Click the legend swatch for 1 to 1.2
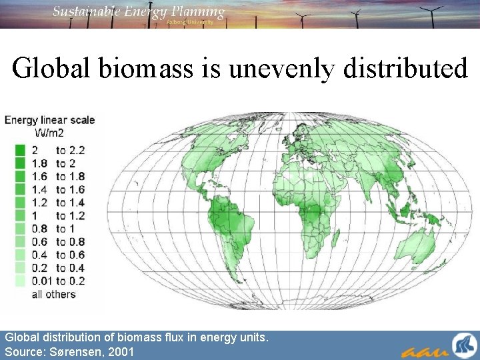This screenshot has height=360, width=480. [x=20, y=215]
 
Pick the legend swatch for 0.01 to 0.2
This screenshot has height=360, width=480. [x=20, y=281]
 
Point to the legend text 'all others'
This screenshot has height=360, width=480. [x=54, y=294]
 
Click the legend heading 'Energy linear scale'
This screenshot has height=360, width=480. [x=50, y=120]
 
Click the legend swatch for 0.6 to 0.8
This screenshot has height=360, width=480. [x=20, y=242]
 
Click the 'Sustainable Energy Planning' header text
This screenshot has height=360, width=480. [x=139, y=11]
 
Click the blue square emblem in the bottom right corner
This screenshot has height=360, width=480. [x=463, y=346]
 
